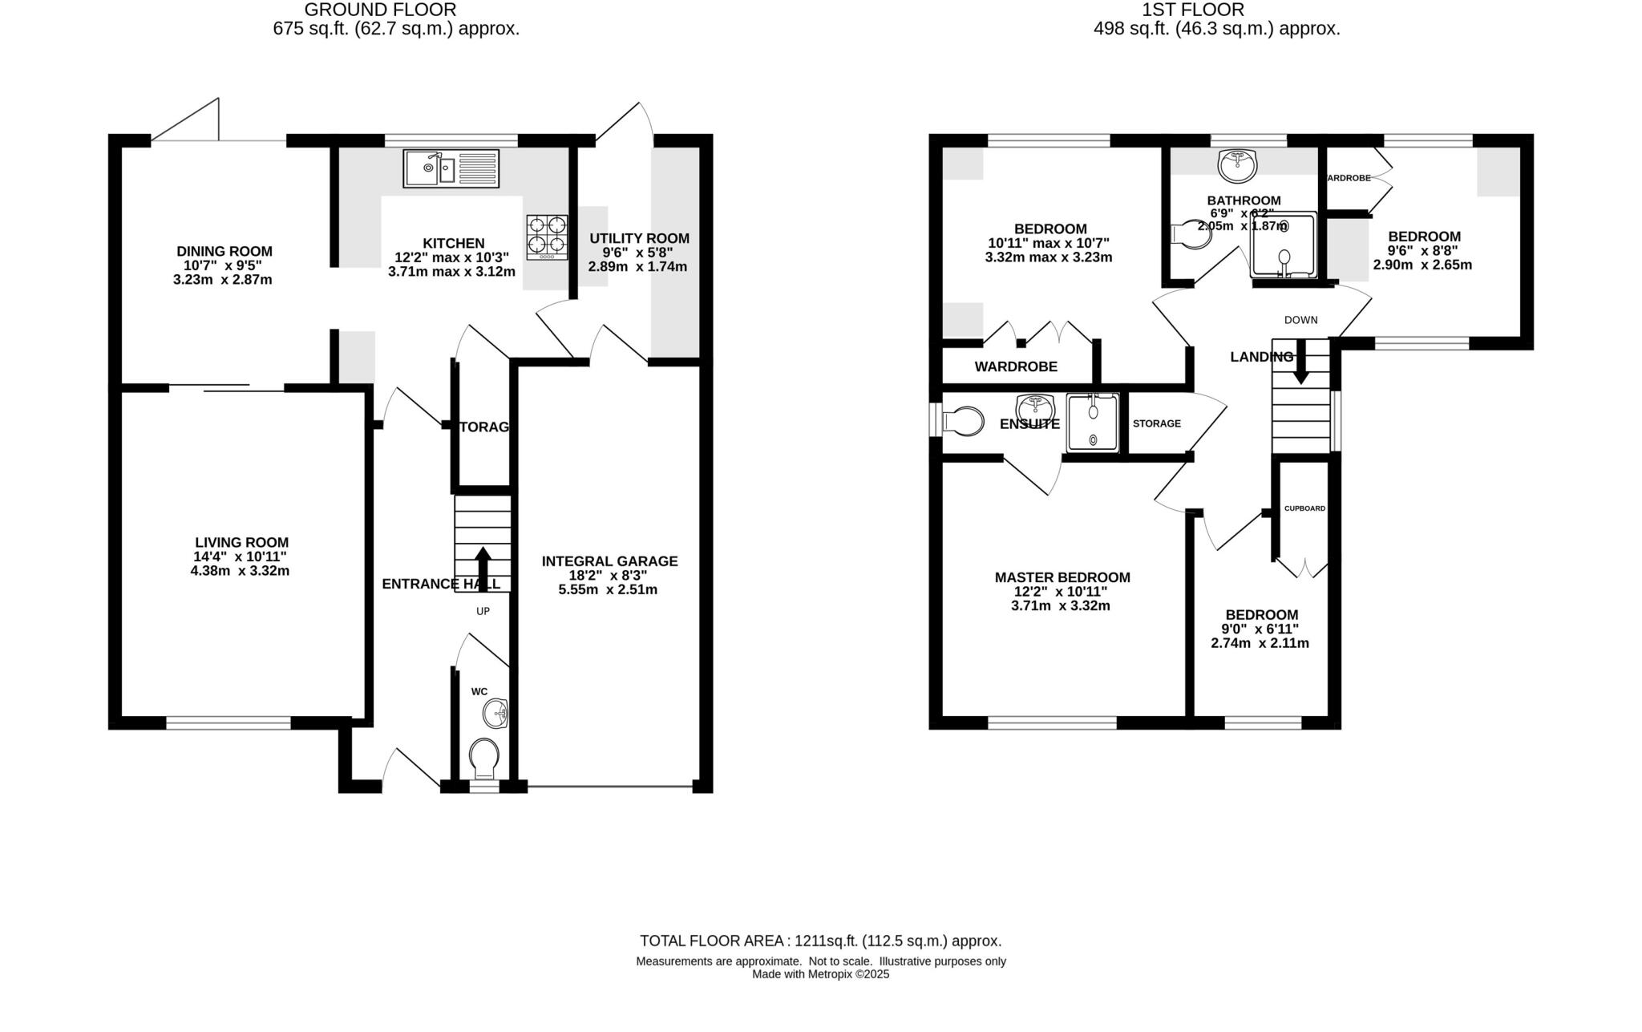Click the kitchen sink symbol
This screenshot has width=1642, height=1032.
coord(451,168)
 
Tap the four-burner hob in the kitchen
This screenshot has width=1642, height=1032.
coord(547,237)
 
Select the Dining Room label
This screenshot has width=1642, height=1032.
coord(224,252)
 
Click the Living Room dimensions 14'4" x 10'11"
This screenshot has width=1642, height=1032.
coord(241,556)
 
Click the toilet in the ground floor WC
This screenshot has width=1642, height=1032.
coord(484,757)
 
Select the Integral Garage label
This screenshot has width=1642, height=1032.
coord(609,561)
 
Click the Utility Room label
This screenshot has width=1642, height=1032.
coord(639,238)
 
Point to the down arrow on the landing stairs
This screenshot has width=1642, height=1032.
coord(1300,362)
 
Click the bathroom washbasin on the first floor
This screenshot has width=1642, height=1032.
coord(1237,166)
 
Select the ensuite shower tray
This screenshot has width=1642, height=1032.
coord(1093,423)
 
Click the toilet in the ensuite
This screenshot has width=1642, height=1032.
coord(962,421)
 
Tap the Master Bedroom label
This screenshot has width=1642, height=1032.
coord(1062,577)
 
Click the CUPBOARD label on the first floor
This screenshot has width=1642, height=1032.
coord(1304,508)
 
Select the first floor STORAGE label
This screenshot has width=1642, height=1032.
coord(1156,423)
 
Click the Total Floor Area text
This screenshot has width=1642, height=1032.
coord(820,941)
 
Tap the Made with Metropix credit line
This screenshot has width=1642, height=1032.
coord(820,974)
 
